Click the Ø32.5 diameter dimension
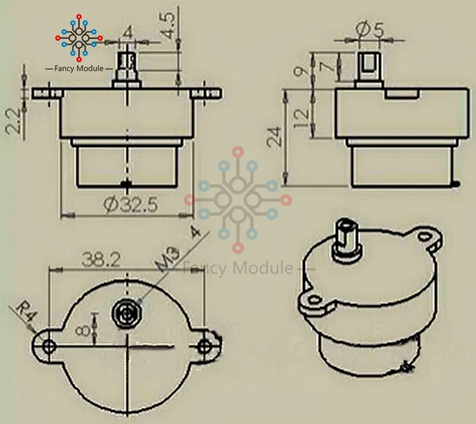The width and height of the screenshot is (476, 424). (131, 204)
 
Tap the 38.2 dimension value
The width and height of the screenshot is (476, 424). (101, 260)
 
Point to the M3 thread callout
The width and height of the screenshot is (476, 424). (168, 259)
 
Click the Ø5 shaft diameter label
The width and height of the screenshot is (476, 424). (369, 29)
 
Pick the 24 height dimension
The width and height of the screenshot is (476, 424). (275, 137)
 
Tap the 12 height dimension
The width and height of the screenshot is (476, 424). (302, 118)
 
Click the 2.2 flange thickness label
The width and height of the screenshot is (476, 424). (14, 121)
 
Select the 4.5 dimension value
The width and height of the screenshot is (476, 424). (168, 25)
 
